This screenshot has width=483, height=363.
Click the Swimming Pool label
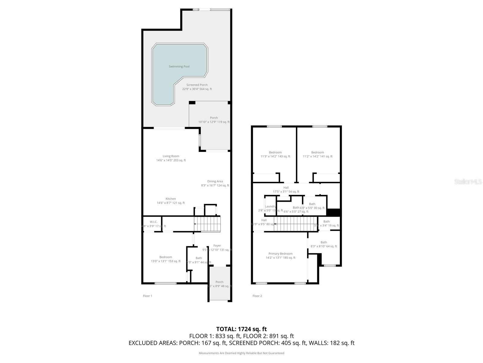[x=179, y=67]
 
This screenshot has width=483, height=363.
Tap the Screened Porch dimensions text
[x=197, y=89]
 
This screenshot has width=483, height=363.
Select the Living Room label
[x=171, y=156]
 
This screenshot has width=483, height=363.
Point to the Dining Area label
[x=215, y=181]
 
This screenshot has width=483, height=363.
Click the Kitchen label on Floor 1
[x=171, y=199]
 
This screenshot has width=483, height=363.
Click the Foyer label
[x=217, y=246]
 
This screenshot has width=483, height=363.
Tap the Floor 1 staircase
[x=207, y=224]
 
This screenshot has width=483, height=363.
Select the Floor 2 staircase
[x=296, y=224]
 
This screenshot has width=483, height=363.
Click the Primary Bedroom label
[x=280, y=254]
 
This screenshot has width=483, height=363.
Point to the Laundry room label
[x=270, y=206]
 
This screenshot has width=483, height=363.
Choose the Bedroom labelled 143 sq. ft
[x=275, y=152]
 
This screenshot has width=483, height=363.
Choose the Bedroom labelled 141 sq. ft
[x=318, y=152]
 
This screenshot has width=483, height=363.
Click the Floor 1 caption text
[x=148, y=296]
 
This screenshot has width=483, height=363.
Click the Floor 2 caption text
[x=257, y=296]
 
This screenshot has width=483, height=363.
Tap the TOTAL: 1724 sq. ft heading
[x=241, y=329]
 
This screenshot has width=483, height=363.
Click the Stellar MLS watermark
[x=468, y=181]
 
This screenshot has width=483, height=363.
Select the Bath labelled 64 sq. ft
[x=324, y=242]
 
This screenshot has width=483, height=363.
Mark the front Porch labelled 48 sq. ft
[x=219, y=282]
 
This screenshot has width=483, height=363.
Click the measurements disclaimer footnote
[x=241, y=353]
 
